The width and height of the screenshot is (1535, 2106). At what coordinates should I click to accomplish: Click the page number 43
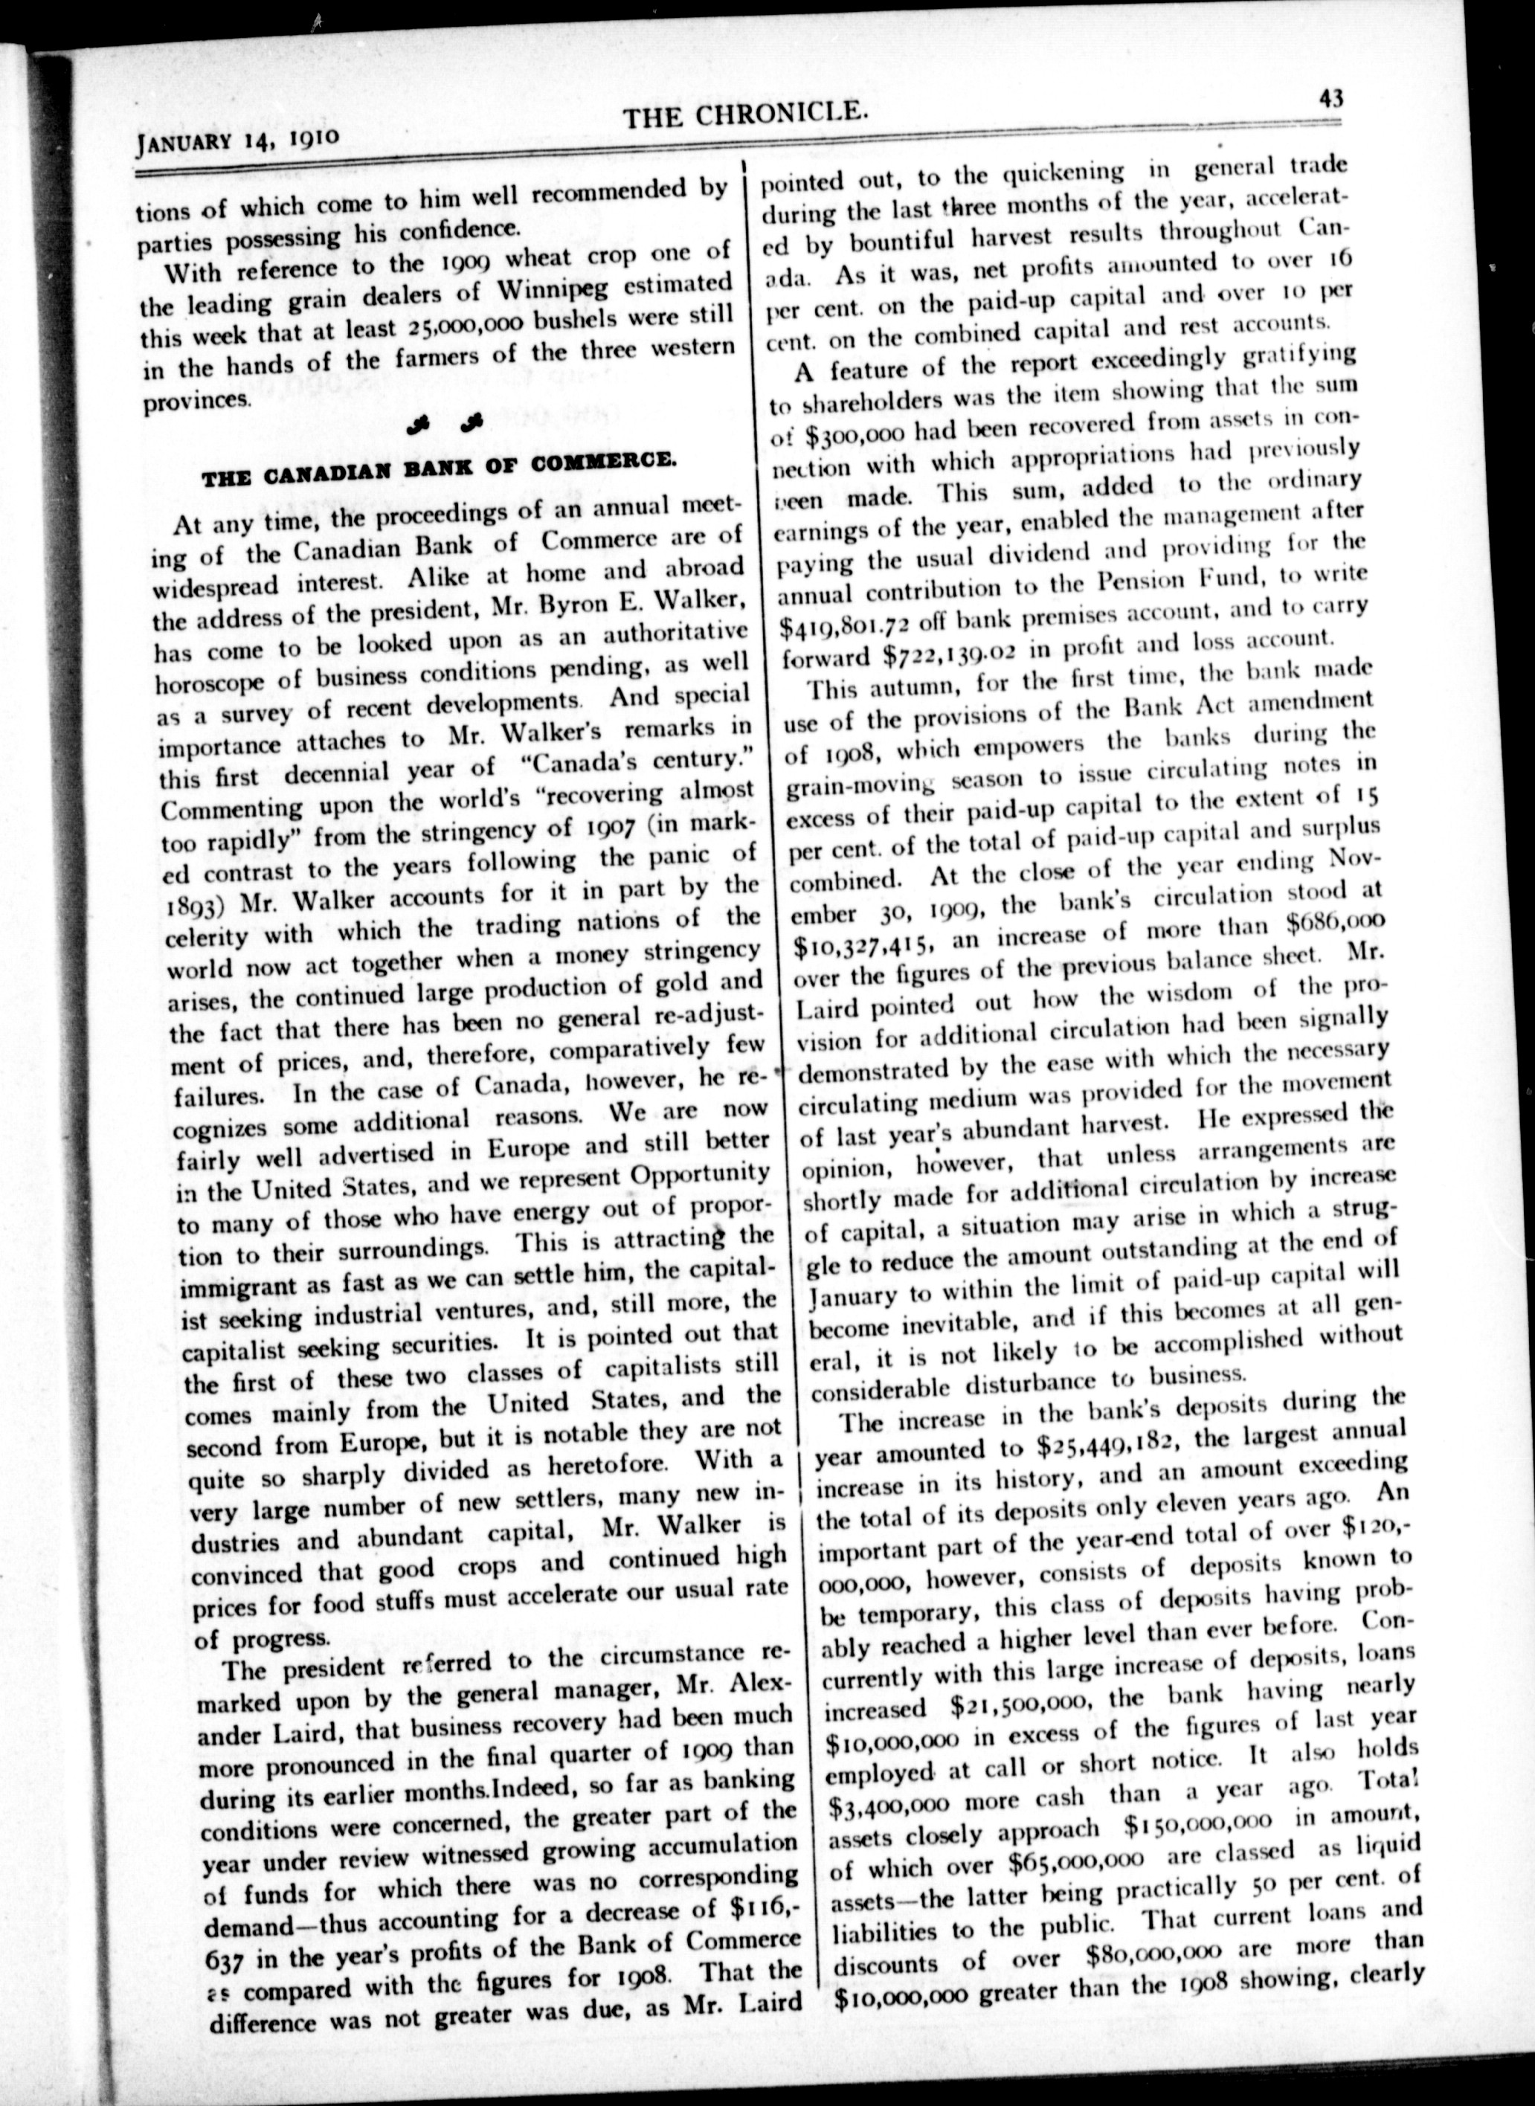click(x=1330, y=97)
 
